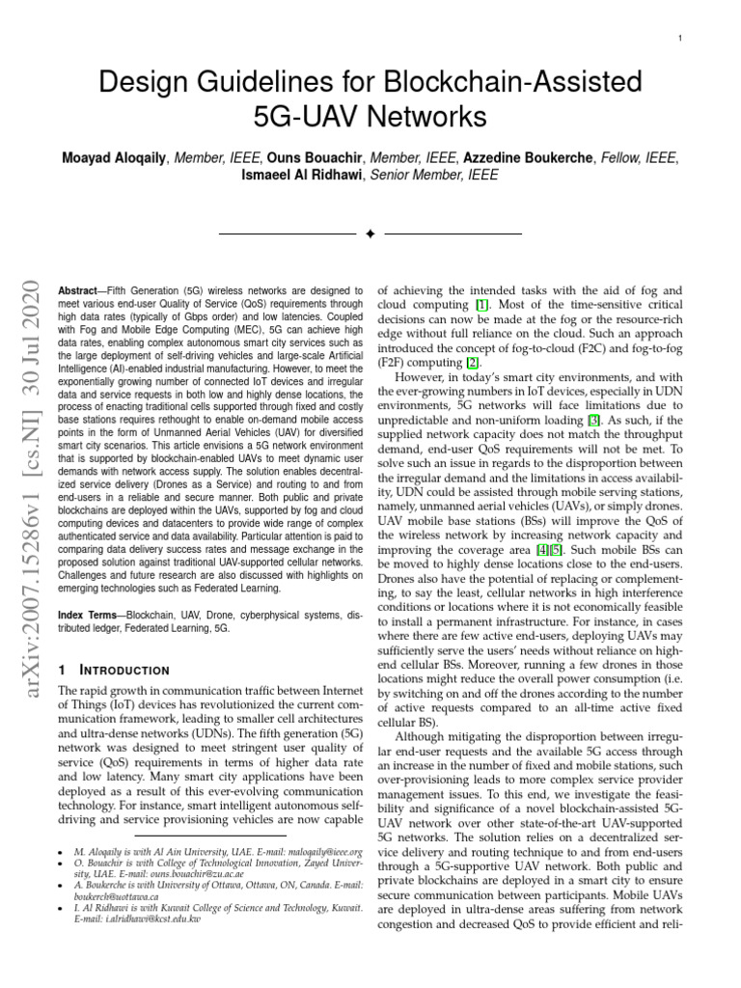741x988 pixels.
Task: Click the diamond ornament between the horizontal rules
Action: [370, 234]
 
